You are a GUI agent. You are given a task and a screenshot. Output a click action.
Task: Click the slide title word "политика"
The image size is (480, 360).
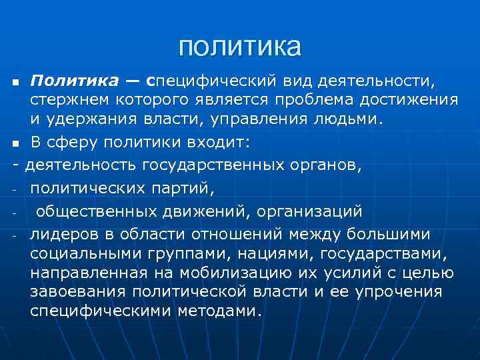(x=240, y=46)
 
